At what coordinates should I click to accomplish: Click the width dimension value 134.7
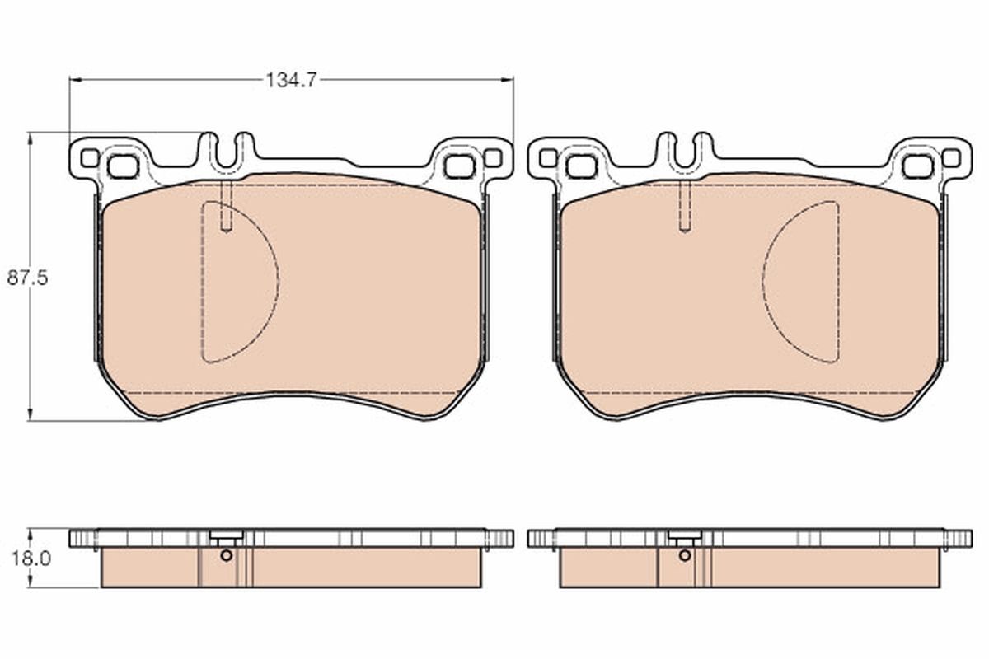pos(290,80)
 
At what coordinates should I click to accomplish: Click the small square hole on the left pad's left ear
pos(89,157)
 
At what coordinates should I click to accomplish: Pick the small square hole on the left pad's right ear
pos(492,157)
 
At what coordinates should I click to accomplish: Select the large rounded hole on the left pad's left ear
pos(123,166)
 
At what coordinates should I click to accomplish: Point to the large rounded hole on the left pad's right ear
pos(459,166)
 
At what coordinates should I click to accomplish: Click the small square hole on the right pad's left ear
pos(547,157)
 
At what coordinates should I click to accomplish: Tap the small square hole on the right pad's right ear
pos(950,157)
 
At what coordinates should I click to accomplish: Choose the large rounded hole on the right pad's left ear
pos(581,166)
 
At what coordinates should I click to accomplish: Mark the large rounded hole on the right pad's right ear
pos(917,166)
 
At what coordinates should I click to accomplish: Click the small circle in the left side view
pos(227,554)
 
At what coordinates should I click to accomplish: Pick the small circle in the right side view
pos(685,554)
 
